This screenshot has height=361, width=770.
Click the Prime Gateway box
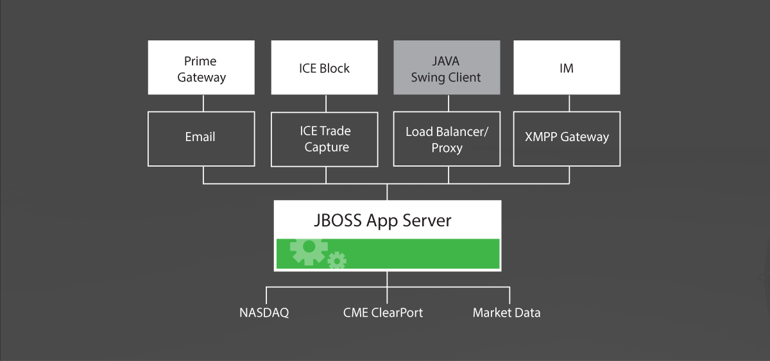(201, 67)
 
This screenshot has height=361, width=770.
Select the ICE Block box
(325, 67)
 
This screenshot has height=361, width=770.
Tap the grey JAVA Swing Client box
(447, 67)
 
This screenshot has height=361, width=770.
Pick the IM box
(567, 67)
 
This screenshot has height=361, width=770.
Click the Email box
(201, 139)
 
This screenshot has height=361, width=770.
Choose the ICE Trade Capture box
(325, 139)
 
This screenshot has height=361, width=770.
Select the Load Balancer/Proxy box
(447, 139)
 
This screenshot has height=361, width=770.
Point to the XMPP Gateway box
(567, 139)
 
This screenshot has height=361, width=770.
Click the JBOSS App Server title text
(382, 221)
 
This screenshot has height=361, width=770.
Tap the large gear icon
(309, 251)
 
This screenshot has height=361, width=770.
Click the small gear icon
(337, 261)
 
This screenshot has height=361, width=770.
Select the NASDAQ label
(264, 312)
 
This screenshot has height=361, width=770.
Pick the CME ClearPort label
(383, 312)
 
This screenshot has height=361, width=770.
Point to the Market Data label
(506, 312)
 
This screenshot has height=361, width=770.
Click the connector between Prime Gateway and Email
(203, 103)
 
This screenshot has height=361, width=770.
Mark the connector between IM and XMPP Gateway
(569, 103)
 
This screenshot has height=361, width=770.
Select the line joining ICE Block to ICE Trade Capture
(326, 103)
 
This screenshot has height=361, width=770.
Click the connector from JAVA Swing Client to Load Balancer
(449, 103)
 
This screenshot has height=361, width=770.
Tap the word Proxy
(447, 148)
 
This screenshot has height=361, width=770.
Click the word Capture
(327, 147)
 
